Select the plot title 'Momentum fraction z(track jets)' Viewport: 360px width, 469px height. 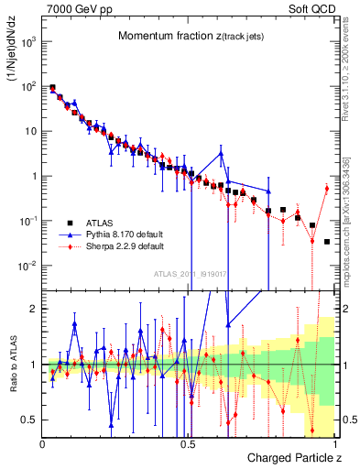[188, 36]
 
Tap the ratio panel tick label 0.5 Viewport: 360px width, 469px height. [30, 420]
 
